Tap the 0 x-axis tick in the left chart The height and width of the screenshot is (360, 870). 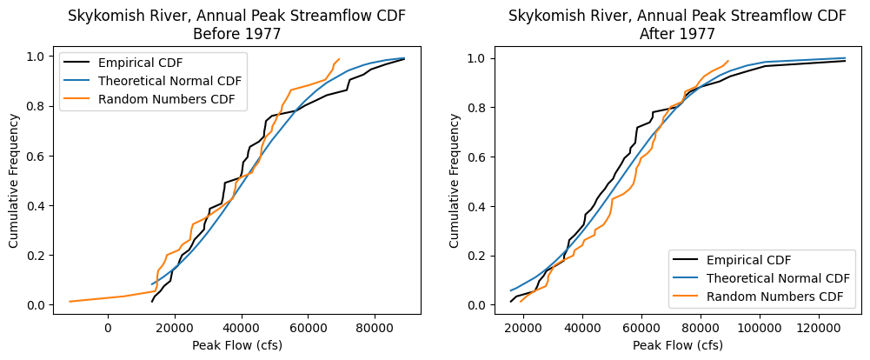click(108, 328)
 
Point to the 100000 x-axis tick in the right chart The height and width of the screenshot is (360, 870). click(760, 328)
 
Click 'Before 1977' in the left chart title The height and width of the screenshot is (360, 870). click(237, 34)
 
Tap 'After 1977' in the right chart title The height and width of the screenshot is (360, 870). click(677, 34)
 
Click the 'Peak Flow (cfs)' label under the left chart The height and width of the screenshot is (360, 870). click(237, 345)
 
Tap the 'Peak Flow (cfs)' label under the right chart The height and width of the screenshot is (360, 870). click(677, 345)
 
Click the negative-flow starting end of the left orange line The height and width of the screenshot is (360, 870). click(70, 302)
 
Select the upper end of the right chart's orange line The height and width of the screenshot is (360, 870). click(728, 61)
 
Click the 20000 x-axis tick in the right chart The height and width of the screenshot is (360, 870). click(523, 328)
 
